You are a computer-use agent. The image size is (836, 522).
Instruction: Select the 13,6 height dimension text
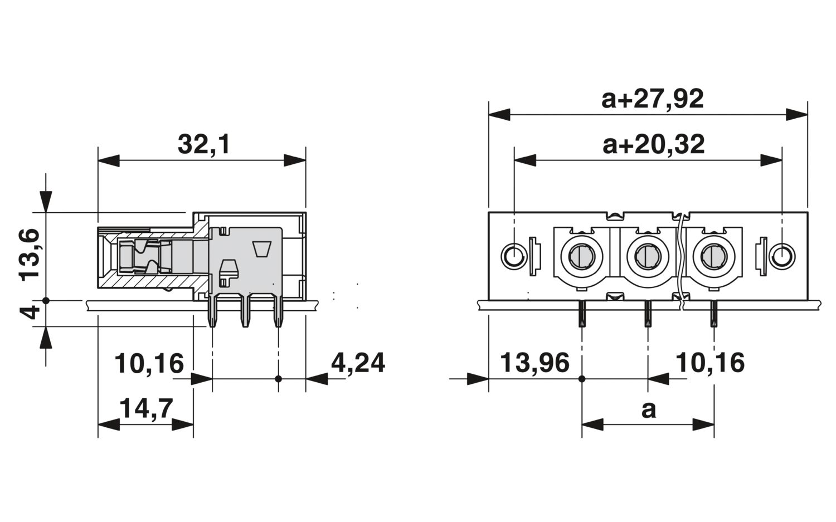click(x=29, y=255)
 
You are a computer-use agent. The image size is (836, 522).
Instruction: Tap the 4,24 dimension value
click(x=358, y=363)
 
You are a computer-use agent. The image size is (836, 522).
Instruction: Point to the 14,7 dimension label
click(x=146, y=408)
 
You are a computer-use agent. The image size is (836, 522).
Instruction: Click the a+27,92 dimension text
click(x=653, y=99)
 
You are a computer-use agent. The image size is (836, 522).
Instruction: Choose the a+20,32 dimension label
click(x=654, y=144)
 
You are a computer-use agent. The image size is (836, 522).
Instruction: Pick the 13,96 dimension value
click(x=534, y=363)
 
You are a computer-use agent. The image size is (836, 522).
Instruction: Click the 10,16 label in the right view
click(x=710, y=363)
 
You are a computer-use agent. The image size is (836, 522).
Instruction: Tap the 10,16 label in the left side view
click(x=149, y=363)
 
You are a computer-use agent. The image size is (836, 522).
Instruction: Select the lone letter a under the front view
click(x=649, y=410)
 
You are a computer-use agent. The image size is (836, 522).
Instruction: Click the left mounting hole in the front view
click(x=514, y=256)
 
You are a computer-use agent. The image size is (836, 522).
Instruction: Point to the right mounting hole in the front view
click(x=782, y=256)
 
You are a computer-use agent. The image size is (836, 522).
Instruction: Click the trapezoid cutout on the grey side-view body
click(x=263, y=249)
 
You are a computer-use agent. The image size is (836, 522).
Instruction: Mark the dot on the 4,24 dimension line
click(x=278, y=379)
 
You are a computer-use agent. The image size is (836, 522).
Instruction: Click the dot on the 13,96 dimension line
click(x=581, y=379)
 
